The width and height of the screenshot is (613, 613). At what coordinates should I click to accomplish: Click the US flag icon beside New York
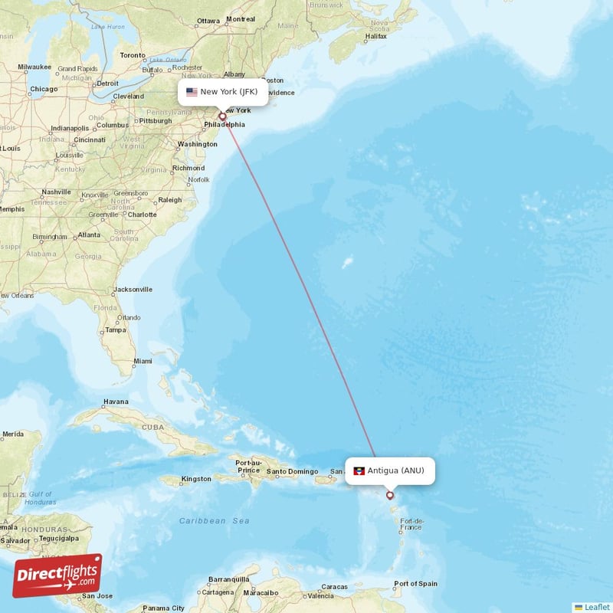(x=192, y=92)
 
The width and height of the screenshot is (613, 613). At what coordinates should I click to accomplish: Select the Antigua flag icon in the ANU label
(x=359, y=470)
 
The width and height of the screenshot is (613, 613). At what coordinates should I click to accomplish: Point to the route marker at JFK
(x=223, y=116)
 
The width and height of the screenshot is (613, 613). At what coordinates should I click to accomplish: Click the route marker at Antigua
(x=390, y=495)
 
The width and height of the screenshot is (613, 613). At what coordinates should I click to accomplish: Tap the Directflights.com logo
(x=57, y=575)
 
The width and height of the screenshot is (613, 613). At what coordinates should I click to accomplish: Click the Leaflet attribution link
(x=595, y=607)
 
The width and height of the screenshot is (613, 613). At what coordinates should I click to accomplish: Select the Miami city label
(x=143, y=361)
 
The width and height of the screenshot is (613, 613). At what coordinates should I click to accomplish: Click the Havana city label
(x=116, y=402)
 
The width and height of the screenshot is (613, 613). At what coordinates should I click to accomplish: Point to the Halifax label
(x=376, y=36)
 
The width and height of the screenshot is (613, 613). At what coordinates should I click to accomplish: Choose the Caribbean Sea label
(x=214, y=521)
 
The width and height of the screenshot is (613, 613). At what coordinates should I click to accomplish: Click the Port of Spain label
(x=415, y=584)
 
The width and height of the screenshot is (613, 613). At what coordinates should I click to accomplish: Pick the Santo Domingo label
(x=292, y=471)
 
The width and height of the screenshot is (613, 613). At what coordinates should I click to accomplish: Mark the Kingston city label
(x=196, y=479)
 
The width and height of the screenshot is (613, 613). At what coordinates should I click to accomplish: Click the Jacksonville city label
(x=133, y=290)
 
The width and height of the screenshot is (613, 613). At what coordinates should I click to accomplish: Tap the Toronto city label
(x=132, y=55)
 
